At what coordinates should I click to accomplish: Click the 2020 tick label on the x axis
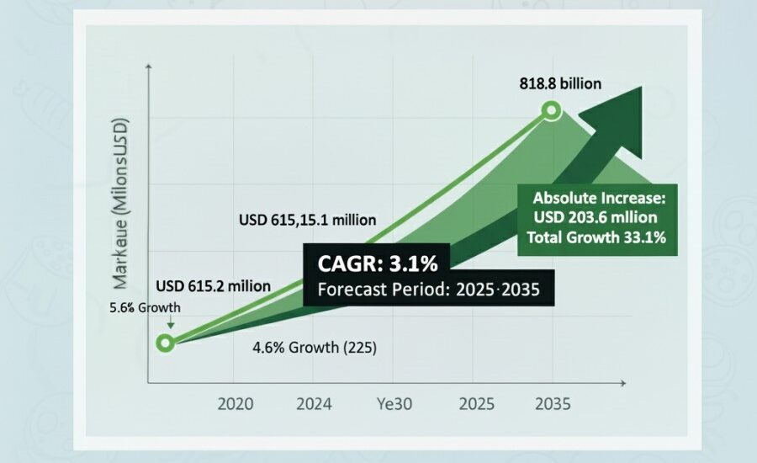(236, 404)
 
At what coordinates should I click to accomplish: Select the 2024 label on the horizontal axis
(314, 404)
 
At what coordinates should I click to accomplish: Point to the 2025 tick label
(475, 404)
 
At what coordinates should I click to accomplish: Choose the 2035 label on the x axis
(552, 404)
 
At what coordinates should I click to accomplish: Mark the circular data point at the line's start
(166, 343)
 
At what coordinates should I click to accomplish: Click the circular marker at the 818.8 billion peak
(551, 109)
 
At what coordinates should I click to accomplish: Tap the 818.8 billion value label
(560, 83)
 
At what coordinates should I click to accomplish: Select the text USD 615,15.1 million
(308, 221)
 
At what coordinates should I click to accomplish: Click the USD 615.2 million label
(213, 286)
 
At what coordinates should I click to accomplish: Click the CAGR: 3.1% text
(378, 263)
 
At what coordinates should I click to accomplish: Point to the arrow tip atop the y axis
(149, 64)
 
